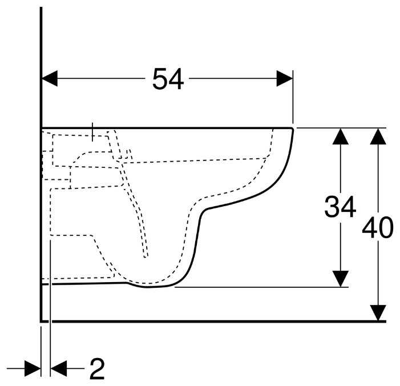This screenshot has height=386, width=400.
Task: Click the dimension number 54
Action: pos(168,79)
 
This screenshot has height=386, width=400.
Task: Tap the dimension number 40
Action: pos(377,228)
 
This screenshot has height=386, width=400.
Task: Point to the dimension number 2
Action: pos(97,369)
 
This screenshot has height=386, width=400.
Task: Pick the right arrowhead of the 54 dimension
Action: pos(285,79)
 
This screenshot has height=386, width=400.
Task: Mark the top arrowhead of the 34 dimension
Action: pos(340,136)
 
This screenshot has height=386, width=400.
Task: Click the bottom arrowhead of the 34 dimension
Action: pos(340,278)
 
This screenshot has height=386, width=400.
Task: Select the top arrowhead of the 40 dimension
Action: pos(377,136)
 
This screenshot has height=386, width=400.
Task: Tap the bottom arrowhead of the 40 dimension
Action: pos(377,312)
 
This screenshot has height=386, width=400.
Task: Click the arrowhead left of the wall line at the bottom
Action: pos(33,369)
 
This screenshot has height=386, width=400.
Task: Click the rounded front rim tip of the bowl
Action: pos(292,131)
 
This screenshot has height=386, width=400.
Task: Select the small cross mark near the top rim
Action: pos(93,131)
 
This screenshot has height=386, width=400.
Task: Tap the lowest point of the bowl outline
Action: pos(151,287)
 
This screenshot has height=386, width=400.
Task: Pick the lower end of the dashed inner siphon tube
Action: pos(146,255)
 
